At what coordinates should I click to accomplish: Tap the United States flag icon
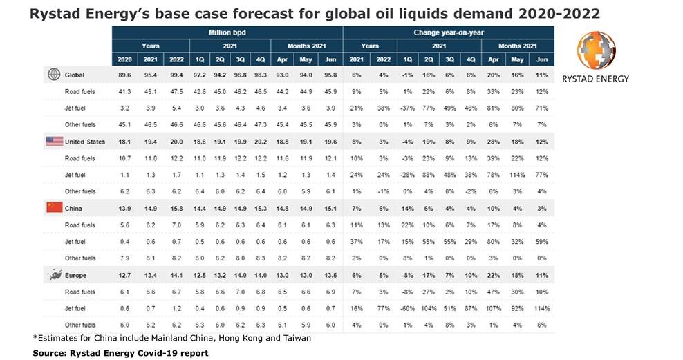54,142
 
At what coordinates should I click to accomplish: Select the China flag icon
54,208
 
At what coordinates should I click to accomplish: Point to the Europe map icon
54,275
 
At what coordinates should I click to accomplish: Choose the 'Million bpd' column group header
227,32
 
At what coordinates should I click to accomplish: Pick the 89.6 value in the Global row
125,75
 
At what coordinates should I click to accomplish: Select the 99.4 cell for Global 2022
177,75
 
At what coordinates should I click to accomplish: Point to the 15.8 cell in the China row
177,208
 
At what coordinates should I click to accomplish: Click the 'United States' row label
84,142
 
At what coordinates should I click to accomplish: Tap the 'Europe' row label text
77,275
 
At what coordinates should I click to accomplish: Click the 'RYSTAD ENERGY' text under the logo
596,78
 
